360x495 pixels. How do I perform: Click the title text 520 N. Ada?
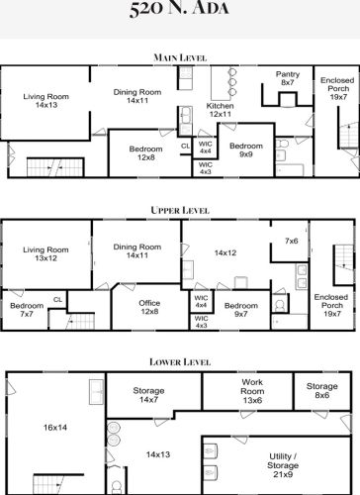(179, 8)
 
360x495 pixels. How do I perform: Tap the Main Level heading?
(180, 57)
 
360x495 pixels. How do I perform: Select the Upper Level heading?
(180, 210)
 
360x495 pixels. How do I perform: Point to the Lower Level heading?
(180, 362)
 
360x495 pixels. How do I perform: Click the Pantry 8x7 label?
(288, 78)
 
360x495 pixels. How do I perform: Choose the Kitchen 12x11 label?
(220, 110)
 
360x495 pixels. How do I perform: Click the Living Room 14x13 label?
(46, 101)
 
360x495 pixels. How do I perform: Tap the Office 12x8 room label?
(149, 307)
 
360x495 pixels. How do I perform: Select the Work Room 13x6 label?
(252, 391)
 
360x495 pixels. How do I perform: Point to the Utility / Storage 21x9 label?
(283, 465)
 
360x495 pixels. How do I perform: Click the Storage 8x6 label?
(322, 390)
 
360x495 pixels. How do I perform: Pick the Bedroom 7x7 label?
(27, 310)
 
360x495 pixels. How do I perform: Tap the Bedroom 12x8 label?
(145, 153)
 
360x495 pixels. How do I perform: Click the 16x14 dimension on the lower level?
(55, 428)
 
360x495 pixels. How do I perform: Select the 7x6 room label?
(292, 241)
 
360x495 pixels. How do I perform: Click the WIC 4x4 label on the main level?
(206, 148)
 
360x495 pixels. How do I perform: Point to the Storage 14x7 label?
(148, 395)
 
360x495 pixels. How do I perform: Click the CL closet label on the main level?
(186, 146)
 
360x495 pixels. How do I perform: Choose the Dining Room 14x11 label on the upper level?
(137, 250)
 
